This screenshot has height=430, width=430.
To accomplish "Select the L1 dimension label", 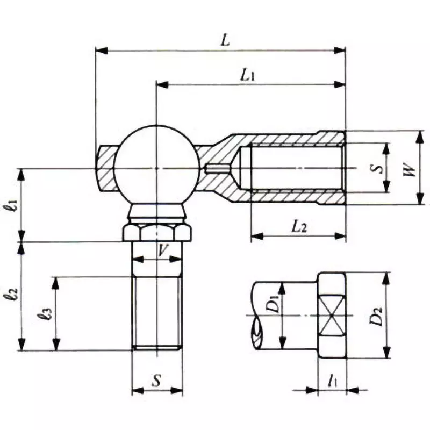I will [x=247, y=76].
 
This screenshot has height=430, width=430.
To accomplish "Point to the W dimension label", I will [x=409, y=170].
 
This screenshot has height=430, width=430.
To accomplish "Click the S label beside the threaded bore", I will [x=378, y=168].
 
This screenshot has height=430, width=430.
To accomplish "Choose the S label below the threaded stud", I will [x=156, y=381].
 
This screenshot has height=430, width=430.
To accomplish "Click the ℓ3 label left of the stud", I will [x=47, y=313].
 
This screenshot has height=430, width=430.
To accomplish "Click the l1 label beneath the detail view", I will [x=333, y=381].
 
